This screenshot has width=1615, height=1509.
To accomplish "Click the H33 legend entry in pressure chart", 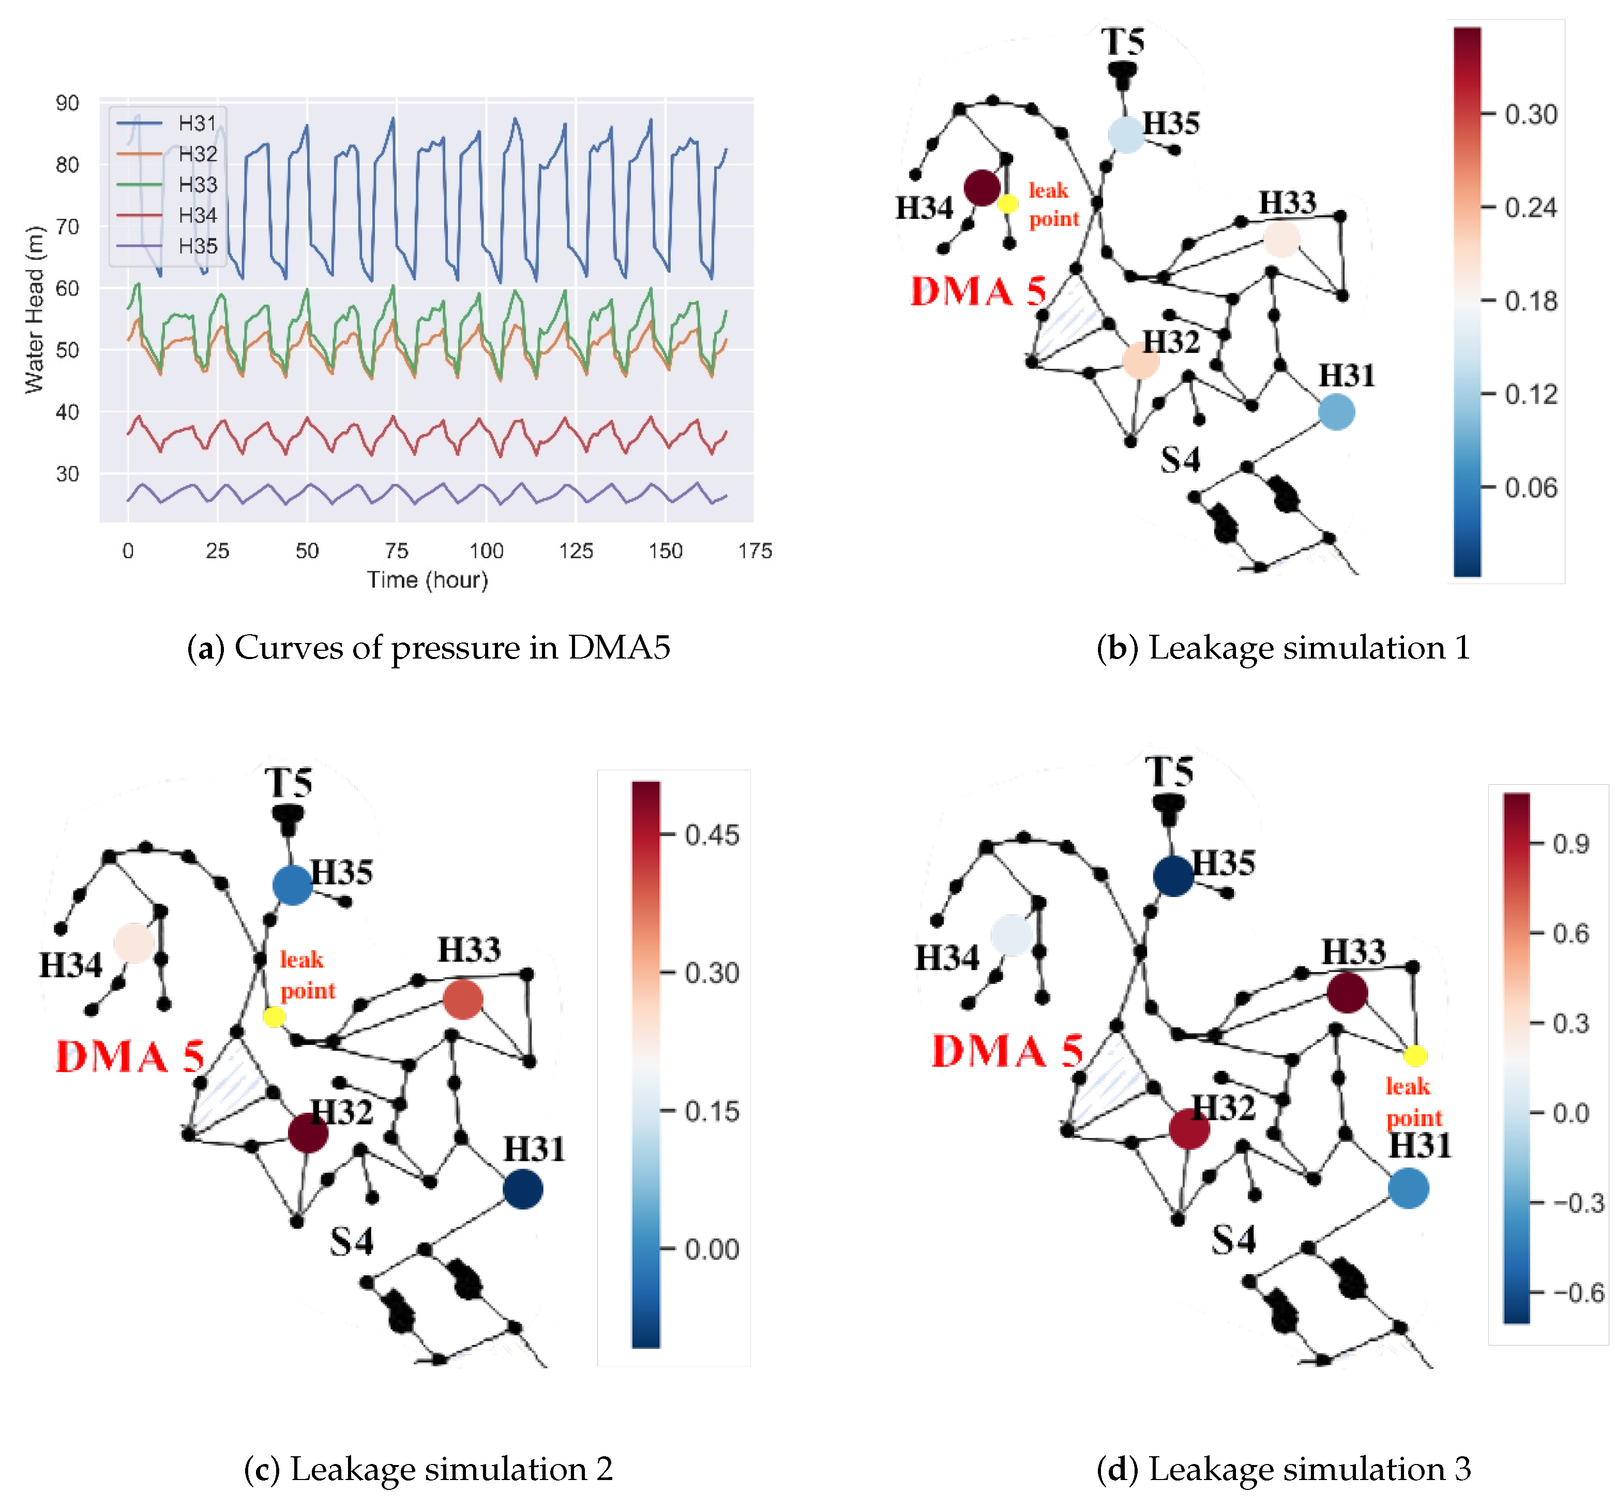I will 198,185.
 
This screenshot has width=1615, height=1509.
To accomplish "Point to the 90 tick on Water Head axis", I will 67,103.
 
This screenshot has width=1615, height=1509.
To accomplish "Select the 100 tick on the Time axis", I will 486,551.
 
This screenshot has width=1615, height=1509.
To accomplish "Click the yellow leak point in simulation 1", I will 1007,204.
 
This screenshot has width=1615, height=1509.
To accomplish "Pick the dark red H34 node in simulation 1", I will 982,188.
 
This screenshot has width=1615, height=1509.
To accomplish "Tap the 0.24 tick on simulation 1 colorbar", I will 1531,207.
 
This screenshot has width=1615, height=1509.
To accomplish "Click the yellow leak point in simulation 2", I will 274,1017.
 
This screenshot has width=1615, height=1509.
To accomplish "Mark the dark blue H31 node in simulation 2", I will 522,1189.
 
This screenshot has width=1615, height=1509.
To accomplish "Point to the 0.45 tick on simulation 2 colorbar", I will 712,834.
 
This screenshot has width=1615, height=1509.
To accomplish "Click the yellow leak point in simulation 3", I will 1415,1055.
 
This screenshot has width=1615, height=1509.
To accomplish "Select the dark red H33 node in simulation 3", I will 1347,992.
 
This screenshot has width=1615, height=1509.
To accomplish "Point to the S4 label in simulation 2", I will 351,1241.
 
